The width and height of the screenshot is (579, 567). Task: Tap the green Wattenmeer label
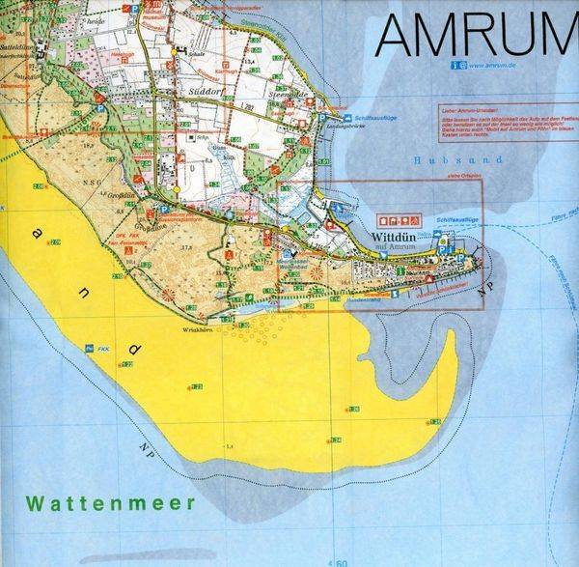111,503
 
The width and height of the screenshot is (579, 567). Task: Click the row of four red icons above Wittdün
402,220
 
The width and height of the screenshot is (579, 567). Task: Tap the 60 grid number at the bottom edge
343,561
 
